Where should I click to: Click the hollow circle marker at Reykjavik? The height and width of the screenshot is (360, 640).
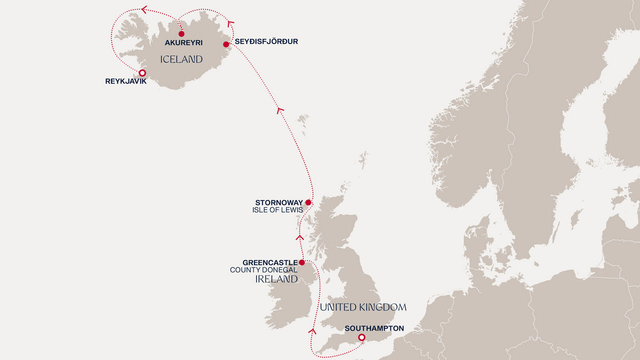[142, 73]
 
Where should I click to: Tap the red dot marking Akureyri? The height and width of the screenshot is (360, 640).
[181, 34]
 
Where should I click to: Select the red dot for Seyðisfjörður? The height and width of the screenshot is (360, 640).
[226, 44]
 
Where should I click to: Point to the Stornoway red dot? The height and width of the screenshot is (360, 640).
[308, 202]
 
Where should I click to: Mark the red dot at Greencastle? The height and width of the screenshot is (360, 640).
[301, 262]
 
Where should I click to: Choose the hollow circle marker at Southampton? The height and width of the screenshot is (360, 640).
[361, 338]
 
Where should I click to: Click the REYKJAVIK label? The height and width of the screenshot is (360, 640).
[126, 81]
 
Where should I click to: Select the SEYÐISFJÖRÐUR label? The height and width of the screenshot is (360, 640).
[266, 41]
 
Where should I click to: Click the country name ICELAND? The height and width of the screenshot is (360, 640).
[181, 59]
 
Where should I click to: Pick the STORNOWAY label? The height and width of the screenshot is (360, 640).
[279, 202]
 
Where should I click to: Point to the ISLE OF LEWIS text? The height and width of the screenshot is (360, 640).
[277, 210]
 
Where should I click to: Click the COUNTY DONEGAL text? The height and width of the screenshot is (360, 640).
[263, 270]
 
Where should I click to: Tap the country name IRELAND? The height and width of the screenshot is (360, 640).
[276, 279]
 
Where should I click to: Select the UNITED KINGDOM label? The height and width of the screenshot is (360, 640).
[363, 307]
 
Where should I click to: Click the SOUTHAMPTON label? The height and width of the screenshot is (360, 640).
[374, 328]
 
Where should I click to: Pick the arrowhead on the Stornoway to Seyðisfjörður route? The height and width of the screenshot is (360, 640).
[280, 110]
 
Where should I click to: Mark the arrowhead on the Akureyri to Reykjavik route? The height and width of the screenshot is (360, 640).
[144, 9]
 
